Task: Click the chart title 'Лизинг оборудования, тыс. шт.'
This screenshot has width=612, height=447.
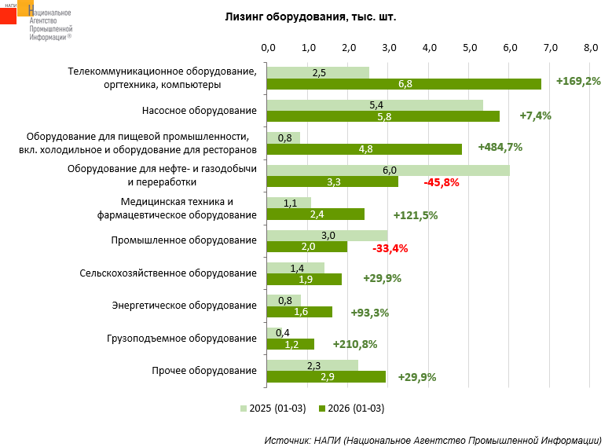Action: click(x=310, y=16)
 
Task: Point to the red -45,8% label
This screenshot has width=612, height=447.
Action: click(x=441, y=182)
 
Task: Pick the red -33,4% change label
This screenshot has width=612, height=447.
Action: click(x=390, y=249)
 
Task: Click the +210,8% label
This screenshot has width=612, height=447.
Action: click(x=354, y=343)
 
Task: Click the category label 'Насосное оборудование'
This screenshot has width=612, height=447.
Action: click(x=200, y=110)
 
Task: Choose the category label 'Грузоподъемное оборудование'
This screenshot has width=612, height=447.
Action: click(x=181, y=339)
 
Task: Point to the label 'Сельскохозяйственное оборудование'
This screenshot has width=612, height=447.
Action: click(x=168, y=273)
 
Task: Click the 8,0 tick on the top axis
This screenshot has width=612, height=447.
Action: click(x=591, y=48)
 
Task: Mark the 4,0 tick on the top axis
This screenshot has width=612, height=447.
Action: click(x=429, y=48)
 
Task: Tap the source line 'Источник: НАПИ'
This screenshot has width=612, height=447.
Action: click(x=433, y=439)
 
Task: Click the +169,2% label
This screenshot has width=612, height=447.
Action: click(x=578, y=80)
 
